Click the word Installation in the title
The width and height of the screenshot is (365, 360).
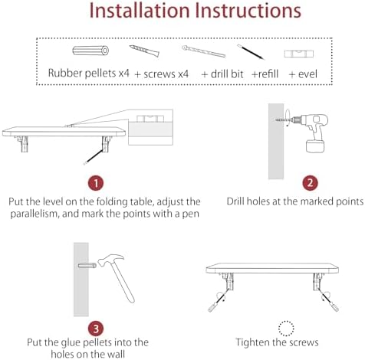tap(133, 12)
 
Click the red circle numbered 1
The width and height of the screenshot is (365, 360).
tap(95, 183)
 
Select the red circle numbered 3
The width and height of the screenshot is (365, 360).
tap(95, 328)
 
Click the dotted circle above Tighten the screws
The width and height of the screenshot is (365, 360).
tap(288, 328)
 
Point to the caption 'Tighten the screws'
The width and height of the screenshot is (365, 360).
tap(288, 342)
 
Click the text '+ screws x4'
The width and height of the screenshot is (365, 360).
tap(162, 74)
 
